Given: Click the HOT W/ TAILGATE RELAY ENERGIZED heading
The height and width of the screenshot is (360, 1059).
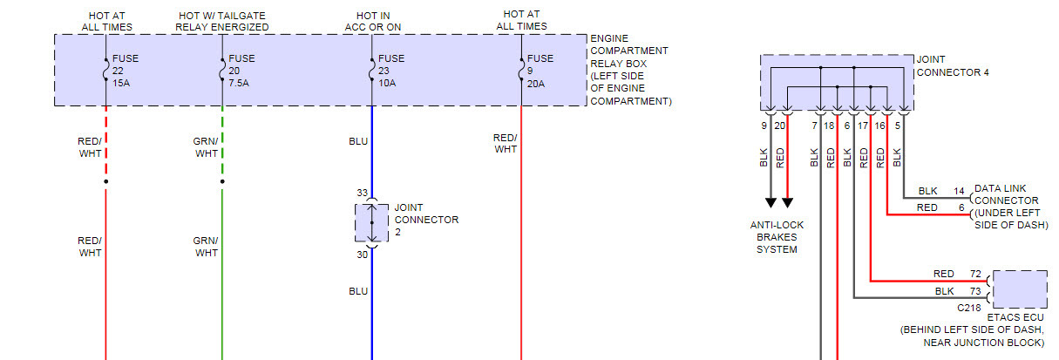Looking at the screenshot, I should [x=222, y=21].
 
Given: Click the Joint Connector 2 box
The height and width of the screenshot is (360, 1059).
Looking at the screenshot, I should [x=371, y=222].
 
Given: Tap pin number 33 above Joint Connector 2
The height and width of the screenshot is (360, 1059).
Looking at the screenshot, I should [x=361, y=193].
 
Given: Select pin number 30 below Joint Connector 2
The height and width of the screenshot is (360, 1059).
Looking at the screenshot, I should [x=361, y=255].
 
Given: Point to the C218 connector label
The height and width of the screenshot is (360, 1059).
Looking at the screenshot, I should [x=969, y=308].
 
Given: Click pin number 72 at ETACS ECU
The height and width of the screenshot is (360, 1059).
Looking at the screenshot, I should [x=975, y=274].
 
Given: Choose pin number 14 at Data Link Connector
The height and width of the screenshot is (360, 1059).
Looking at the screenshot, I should [x=959, y=190].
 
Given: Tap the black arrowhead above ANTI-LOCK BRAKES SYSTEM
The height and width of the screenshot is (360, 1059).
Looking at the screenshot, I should [x=770, y=202].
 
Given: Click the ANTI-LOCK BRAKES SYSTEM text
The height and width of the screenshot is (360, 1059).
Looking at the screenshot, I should [x=777, y=237].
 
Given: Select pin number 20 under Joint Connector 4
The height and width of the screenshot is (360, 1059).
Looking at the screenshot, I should [x=780, y=126].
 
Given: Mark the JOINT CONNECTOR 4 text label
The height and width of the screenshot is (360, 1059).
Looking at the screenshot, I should [x=953, y=66].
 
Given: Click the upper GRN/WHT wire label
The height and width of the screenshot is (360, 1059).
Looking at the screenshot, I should [x=207, y=146].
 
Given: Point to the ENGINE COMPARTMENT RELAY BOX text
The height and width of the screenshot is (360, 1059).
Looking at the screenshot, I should [x=630, y=70].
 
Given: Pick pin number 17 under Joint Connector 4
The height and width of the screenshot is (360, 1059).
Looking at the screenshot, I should [x=863, y=126].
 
